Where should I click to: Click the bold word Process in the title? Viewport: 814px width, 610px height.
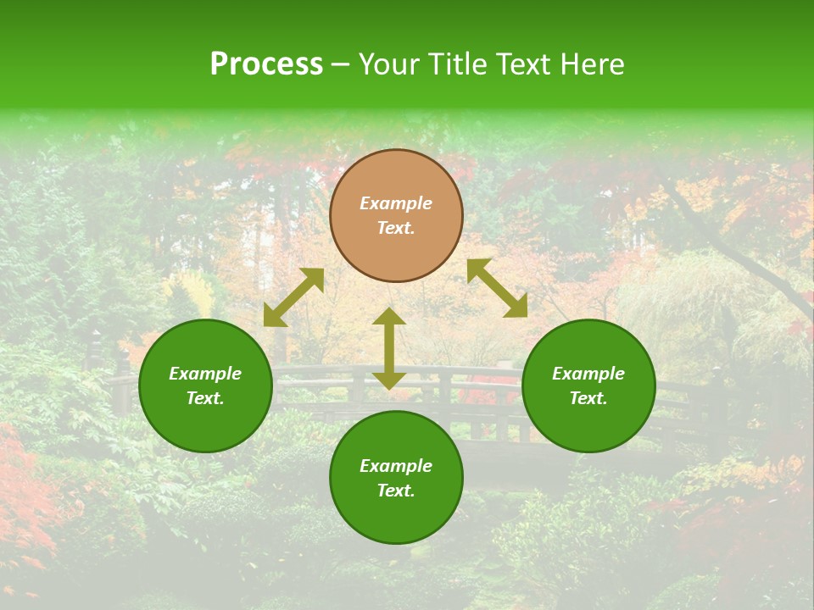tap(266, 64)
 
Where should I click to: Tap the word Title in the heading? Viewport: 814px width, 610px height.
tap(461, 64)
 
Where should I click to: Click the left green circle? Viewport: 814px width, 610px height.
tap(205, 385)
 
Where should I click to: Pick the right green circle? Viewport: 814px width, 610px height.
tap(588, 385)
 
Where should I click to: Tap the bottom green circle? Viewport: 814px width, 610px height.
tap(396, 477)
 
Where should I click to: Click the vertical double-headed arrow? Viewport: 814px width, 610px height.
tap(389, 348)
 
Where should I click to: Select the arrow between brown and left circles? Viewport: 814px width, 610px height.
tap(293, 297)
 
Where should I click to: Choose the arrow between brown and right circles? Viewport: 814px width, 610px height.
tap(497, 288)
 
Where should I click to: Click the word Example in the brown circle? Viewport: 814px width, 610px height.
tap(396, 203)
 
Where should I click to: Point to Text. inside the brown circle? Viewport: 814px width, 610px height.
tap(396, 228)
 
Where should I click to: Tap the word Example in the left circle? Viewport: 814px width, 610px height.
tap(205, 374)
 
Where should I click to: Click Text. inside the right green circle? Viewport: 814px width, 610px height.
tap(588, 398)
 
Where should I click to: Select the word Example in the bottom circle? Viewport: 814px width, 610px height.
tap(396, 466)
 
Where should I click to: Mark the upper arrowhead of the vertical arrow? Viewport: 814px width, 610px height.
tap(389, 317)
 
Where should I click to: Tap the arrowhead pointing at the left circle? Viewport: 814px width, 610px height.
tap(273, 317)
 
